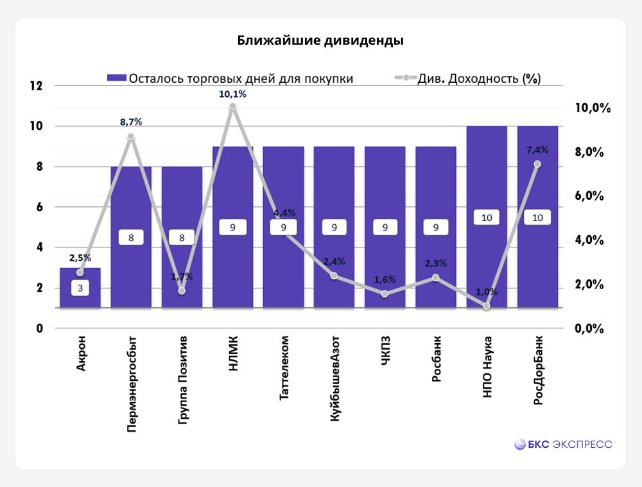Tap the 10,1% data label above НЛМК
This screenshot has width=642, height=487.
(x=232, y=94)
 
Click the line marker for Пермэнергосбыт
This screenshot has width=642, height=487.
(x=130, y=137)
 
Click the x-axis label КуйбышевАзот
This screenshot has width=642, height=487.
(x=335, y=378)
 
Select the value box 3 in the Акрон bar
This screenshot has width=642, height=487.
(x=80, y=288)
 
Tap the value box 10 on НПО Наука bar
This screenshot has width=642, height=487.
(x=487, y=218)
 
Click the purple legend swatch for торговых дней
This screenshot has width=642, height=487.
(x=116, y=78)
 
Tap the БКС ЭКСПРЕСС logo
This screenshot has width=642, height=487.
(x=563, y=444)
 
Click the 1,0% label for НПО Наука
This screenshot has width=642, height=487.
(x=487, y=292)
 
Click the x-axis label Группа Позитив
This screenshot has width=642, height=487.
(x=183, y=379)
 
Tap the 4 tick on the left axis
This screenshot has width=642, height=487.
(x=38, y=247)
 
